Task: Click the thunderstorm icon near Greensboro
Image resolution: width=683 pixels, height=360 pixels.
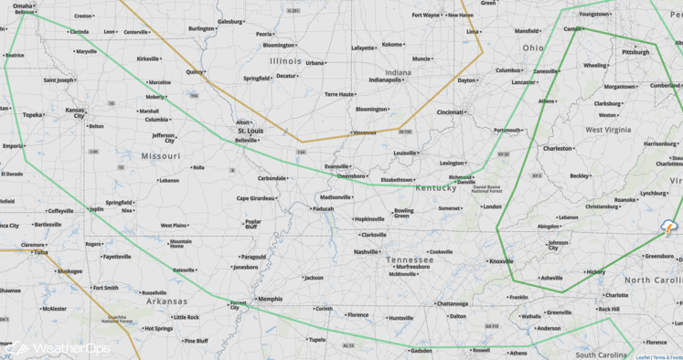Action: tap(669, 228)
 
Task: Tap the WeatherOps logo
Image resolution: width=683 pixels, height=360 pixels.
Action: tap(57, 348)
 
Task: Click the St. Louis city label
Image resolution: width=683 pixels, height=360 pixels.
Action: tap(251, 131)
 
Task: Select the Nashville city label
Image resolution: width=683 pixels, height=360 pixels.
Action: tap(366, 251)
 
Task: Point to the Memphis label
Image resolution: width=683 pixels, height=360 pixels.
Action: tap(270, 299)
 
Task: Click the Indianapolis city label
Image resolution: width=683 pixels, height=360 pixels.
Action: tap(384, 79)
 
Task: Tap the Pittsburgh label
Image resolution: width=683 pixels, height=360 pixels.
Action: tap(635, 52)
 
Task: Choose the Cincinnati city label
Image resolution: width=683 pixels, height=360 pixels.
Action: tap(450, 112)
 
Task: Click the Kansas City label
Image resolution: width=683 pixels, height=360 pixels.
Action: tap(75, 112)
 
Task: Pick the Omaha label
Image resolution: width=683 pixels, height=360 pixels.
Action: tap(23, 5)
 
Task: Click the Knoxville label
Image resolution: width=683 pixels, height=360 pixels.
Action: tap(501, 261)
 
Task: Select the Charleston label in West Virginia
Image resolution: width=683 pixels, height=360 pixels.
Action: tap(558, 148)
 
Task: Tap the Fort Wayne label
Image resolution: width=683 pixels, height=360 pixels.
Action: tap(426, 15)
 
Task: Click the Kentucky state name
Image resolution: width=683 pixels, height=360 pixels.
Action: tap(435, 188)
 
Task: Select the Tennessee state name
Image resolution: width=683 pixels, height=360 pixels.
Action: tap(409, 259)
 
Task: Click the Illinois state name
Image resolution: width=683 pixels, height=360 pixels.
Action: tap(285, 61)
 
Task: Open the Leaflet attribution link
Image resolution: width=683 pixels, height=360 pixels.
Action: tap(642, 357)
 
